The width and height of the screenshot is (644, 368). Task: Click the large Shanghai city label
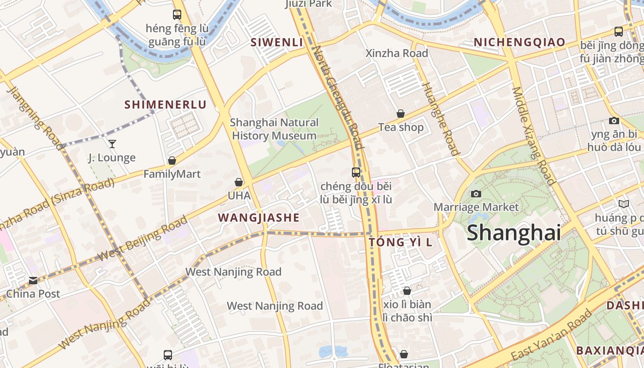coord(514,233)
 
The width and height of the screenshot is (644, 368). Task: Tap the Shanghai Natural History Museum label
coord(274,129)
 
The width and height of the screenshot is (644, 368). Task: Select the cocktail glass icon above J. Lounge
coord(112,144)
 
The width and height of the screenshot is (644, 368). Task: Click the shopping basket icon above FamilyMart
coord(172,161)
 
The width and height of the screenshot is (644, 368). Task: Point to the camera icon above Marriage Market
coord(476,194)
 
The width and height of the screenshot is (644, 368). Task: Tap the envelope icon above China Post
coord(33,280)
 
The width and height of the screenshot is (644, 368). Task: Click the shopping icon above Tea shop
coord(401,114)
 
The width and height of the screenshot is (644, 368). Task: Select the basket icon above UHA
coord(239,182)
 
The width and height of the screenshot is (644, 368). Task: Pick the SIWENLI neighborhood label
coord(276,42)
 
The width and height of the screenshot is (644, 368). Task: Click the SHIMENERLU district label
coord(166,104)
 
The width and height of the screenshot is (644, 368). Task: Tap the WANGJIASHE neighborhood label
coord(259,218)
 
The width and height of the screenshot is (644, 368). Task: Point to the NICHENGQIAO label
coord(519,42)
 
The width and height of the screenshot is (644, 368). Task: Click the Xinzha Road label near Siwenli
coord(397,53)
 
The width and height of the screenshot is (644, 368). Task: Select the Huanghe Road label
coord(440,119)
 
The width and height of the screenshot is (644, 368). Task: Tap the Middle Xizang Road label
coord(534,136)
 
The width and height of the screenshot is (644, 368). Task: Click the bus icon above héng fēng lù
coord(177,15)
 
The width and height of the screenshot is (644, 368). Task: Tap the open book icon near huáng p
coord(623,204)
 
